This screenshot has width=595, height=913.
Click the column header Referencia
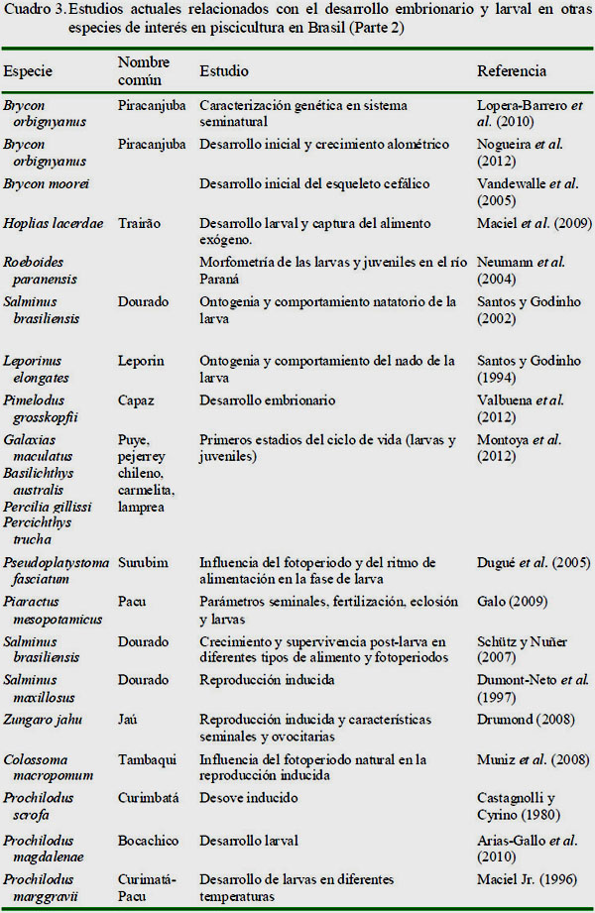click(511, 71)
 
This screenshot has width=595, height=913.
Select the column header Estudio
click(224, 71)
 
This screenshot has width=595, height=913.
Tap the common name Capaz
click(137, 400)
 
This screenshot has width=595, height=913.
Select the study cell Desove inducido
click(248, 798)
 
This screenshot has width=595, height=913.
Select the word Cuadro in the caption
click(27, 12)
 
